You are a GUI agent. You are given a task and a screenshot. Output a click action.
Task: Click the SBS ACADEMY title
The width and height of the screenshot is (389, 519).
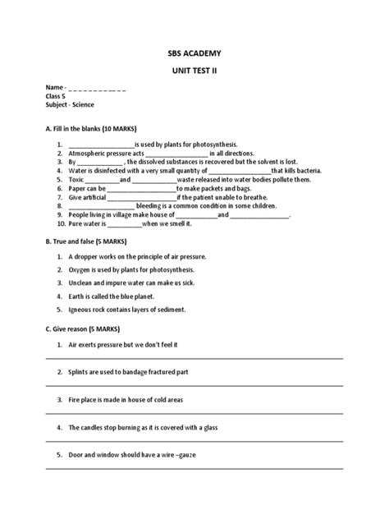tap(194, 53)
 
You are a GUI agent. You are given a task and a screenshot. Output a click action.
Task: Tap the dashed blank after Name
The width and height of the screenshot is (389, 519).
tap(97, 88)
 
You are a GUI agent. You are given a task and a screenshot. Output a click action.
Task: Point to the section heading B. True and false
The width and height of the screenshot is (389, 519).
tap(74, 242)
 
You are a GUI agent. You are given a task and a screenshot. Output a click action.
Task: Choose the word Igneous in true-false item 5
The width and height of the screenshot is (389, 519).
tap(84, 310)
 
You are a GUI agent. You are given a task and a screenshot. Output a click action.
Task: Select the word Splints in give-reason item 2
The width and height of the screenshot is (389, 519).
tap(80, 372)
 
